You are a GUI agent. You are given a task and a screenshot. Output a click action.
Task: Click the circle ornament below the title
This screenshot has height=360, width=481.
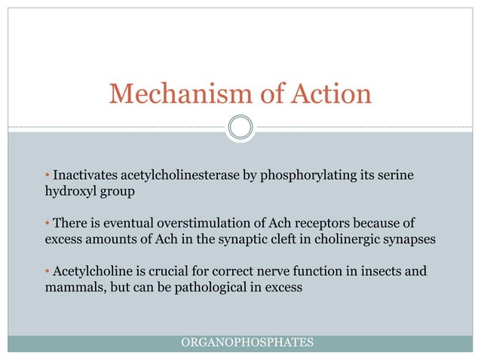pyautogui.click(x=240, y=127)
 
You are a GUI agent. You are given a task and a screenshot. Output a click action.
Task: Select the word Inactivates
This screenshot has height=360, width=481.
pyautogui.click(x=84, y=175)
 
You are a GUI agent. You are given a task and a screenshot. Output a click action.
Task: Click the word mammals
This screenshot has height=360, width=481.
pyautogui.click(x=68, y=287)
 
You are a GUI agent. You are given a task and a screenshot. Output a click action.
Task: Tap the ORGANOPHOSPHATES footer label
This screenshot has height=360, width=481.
pyautogui.click(x=248, y=343)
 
